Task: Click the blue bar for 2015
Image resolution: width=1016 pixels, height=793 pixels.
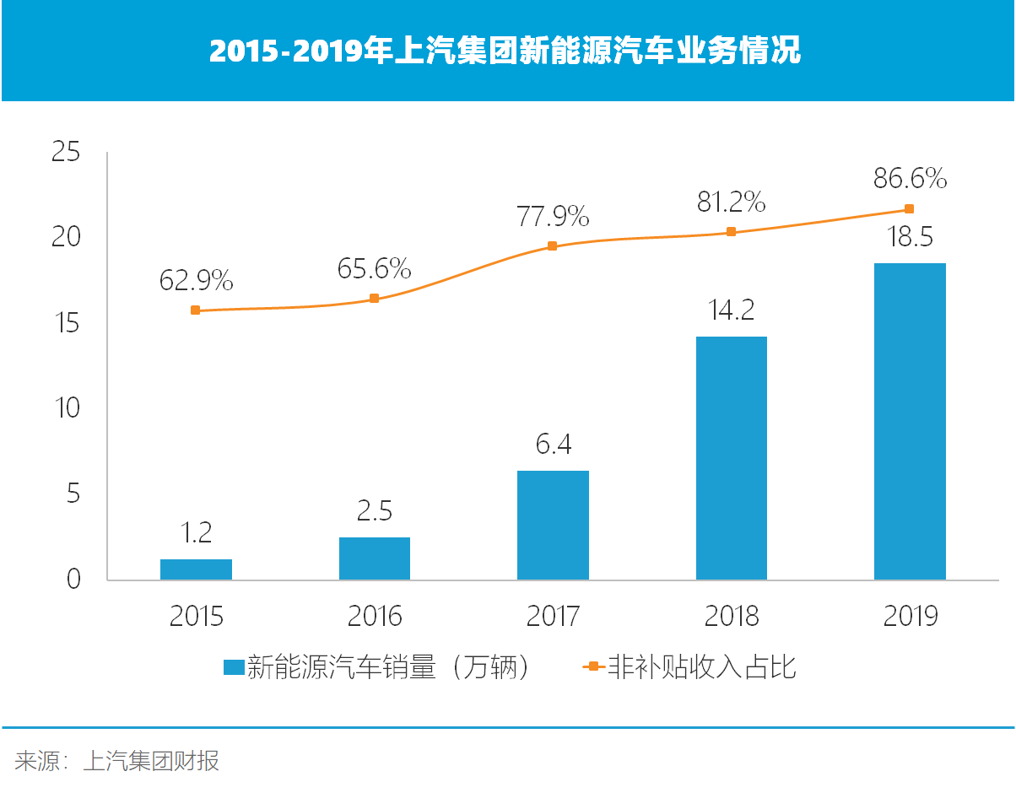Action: point(196,569)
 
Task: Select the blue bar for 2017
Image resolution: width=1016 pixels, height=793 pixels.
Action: point(553,525)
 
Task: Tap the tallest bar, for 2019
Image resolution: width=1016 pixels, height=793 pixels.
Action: point(910,421)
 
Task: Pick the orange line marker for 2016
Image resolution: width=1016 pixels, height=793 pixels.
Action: point(374,299)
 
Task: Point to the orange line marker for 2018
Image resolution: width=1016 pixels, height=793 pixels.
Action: point(732,232)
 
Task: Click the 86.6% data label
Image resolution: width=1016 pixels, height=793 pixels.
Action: point(910,179)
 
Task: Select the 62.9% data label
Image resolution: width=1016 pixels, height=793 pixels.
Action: point(196,280)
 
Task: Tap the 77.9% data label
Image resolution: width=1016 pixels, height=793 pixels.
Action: point(553,217)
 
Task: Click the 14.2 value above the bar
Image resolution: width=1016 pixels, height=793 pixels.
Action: point(732,310)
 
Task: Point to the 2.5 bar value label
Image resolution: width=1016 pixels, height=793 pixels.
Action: point(374,511)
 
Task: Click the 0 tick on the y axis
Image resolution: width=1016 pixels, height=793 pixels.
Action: point(73,580)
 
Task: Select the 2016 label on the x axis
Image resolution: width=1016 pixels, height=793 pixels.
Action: point(374,616)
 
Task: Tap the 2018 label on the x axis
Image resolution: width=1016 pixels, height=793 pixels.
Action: point(732,616)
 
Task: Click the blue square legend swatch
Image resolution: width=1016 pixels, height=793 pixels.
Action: point(233,668)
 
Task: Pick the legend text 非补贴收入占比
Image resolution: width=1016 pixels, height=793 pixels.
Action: point(701,668)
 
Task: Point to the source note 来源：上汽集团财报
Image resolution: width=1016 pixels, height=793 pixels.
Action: point(117,761)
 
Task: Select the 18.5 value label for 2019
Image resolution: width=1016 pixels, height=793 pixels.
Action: point(910,237)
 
